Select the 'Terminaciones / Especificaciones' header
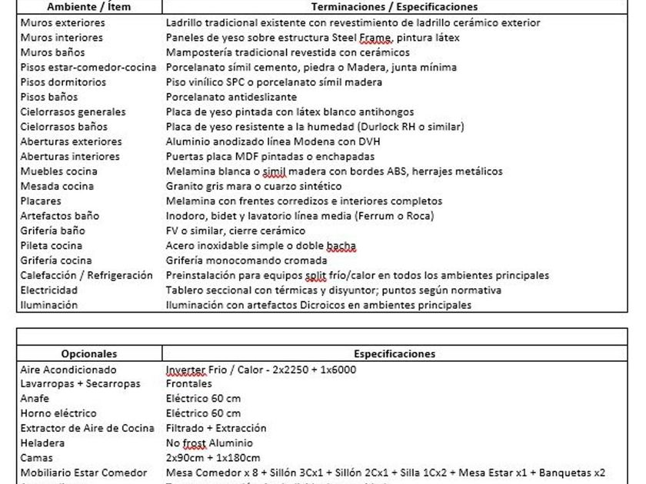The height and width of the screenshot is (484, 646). pyautogui.click(x=394, y=7)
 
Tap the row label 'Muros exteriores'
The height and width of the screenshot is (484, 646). pyautogui.click(x=63, y=22)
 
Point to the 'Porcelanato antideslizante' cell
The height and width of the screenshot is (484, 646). pyautogui.click(x=231, y=97)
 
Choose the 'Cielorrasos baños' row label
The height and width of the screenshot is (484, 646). pyautogui.click(x=65, y=127)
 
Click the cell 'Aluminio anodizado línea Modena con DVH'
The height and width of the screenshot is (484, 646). pyautogui.click(x=273, y=141)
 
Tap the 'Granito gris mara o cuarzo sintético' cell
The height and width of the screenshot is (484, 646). pyautogui.click(x=254, y=186)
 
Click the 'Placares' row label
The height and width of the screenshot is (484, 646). pyautogui.click(x=42, y=201)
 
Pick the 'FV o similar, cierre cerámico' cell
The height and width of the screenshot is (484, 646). pyautogui.click(x=236, y=230)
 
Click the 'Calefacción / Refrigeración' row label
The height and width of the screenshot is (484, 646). pyautogui.click(x=87, y=275)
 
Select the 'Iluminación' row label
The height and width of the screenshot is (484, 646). pyautogui.click(x=49, y=305)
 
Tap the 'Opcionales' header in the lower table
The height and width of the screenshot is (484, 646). pyautogui.click(x=89, y=354)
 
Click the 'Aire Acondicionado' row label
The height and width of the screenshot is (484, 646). pyautogui.click(x=69, y=370)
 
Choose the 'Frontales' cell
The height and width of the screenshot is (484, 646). pyautogui.click(x=189, y=384)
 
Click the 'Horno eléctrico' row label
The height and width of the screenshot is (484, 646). pyautogui.click(x=59, y=413)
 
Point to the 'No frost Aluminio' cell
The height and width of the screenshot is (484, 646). pyautogui.click(x=209, y=443)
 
